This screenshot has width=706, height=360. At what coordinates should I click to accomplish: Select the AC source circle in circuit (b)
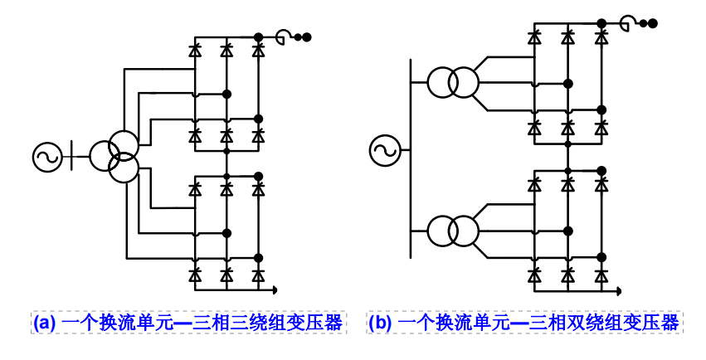coord(385,150)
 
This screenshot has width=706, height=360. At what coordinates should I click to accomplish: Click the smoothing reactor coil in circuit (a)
coord(283,36)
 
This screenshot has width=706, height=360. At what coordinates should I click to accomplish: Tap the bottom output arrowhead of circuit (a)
coord(273,289)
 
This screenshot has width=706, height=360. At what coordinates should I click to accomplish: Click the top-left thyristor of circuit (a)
coord(195,50)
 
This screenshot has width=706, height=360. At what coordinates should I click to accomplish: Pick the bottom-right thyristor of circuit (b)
coord(601,273)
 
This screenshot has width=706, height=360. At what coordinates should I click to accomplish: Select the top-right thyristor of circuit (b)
coord(601,36)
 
